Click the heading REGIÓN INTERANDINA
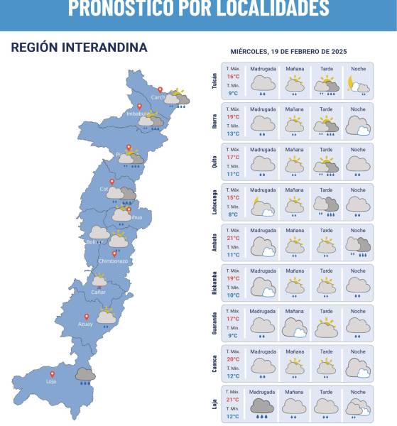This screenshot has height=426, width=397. [80, 48]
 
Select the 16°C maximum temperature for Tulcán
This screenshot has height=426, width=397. [233, 76]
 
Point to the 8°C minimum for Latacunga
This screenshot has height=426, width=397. [233, 214]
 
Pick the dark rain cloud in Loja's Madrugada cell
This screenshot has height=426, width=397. [262, 407]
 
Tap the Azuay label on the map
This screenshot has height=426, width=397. [85, 324]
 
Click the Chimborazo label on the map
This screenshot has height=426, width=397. [114, 261]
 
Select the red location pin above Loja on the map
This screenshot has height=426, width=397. [52, 373]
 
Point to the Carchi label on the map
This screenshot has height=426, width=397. [158, 97]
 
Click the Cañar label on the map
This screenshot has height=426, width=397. [99, 292]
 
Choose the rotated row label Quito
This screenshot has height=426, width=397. [214, 162]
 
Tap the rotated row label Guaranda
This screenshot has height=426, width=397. [214, 323]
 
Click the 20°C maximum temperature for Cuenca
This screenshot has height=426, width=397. [233, 359]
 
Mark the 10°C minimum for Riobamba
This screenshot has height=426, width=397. [233, 295]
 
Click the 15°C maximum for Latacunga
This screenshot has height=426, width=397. [233, 197]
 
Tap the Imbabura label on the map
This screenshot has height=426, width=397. [136, 114]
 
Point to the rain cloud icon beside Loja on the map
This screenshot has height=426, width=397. [86, 375]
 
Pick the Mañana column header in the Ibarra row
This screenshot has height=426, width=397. [294, 109]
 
